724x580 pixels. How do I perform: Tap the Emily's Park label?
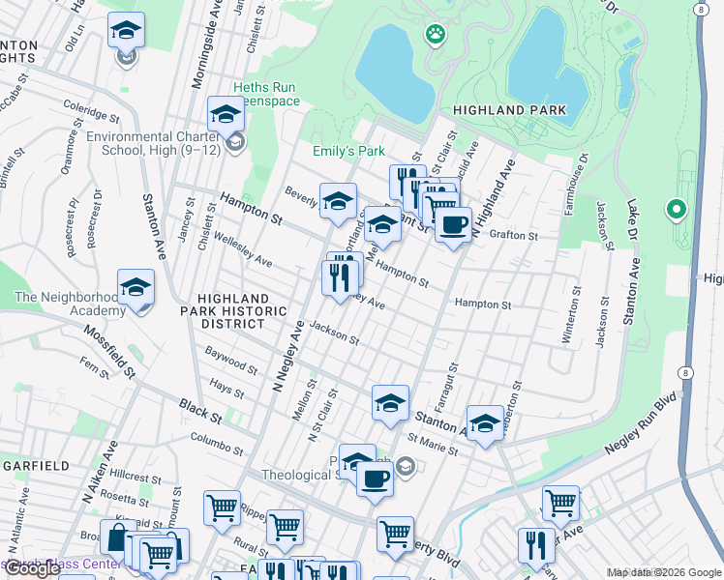[348, 151]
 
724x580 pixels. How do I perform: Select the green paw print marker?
[435, 36]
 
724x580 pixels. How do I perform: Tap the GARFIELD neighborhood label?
[36, 465]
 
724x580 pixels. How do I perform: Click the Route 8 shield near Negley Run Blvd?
[686, 372]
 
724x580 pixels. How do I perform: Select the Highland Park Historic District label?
[243, 311]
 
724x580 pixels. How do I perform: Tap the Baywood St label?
[231, 366]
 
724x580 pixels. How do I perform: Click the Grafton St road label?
[513, 235]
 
